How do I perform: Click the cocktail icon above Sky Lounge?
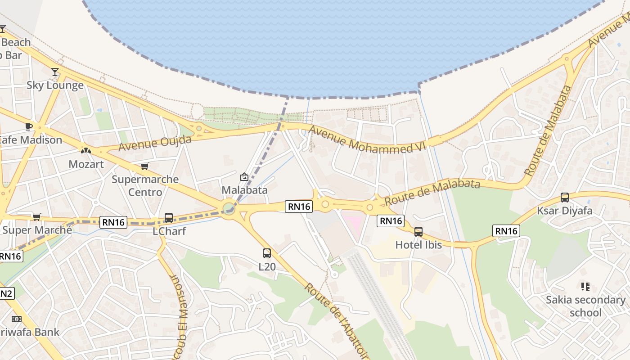tap(55, 72)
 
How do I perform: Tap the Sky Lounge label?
tap(55, 85)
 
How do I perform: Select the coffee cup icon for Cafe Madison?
tap(29, 126)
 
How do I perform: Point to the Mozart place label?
tap(86, 164)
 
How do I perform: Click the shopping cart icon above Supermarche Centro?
tap(145, 166)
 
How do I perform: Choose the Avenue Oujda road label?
tap(155, 143)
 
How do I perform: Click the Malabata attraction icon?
tap(244, 177)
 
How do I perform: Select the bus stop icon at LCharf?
tap(169, 218)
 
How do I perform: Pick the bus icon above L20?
tap(267, 253)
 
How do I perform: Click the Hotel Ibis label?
tap(418, 245)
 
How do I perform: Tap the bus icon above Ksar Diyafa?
tap(565, 197)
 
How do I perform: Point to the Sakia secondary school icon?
tap(585, 286)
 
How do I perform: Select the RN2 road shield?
tap(5, 294)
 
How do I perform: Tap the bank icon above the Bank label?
tap(16, 319)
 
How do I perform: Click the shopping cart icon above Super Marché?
tap(37, 217)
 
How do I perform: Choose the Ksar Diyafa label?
tap(564, 211)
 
